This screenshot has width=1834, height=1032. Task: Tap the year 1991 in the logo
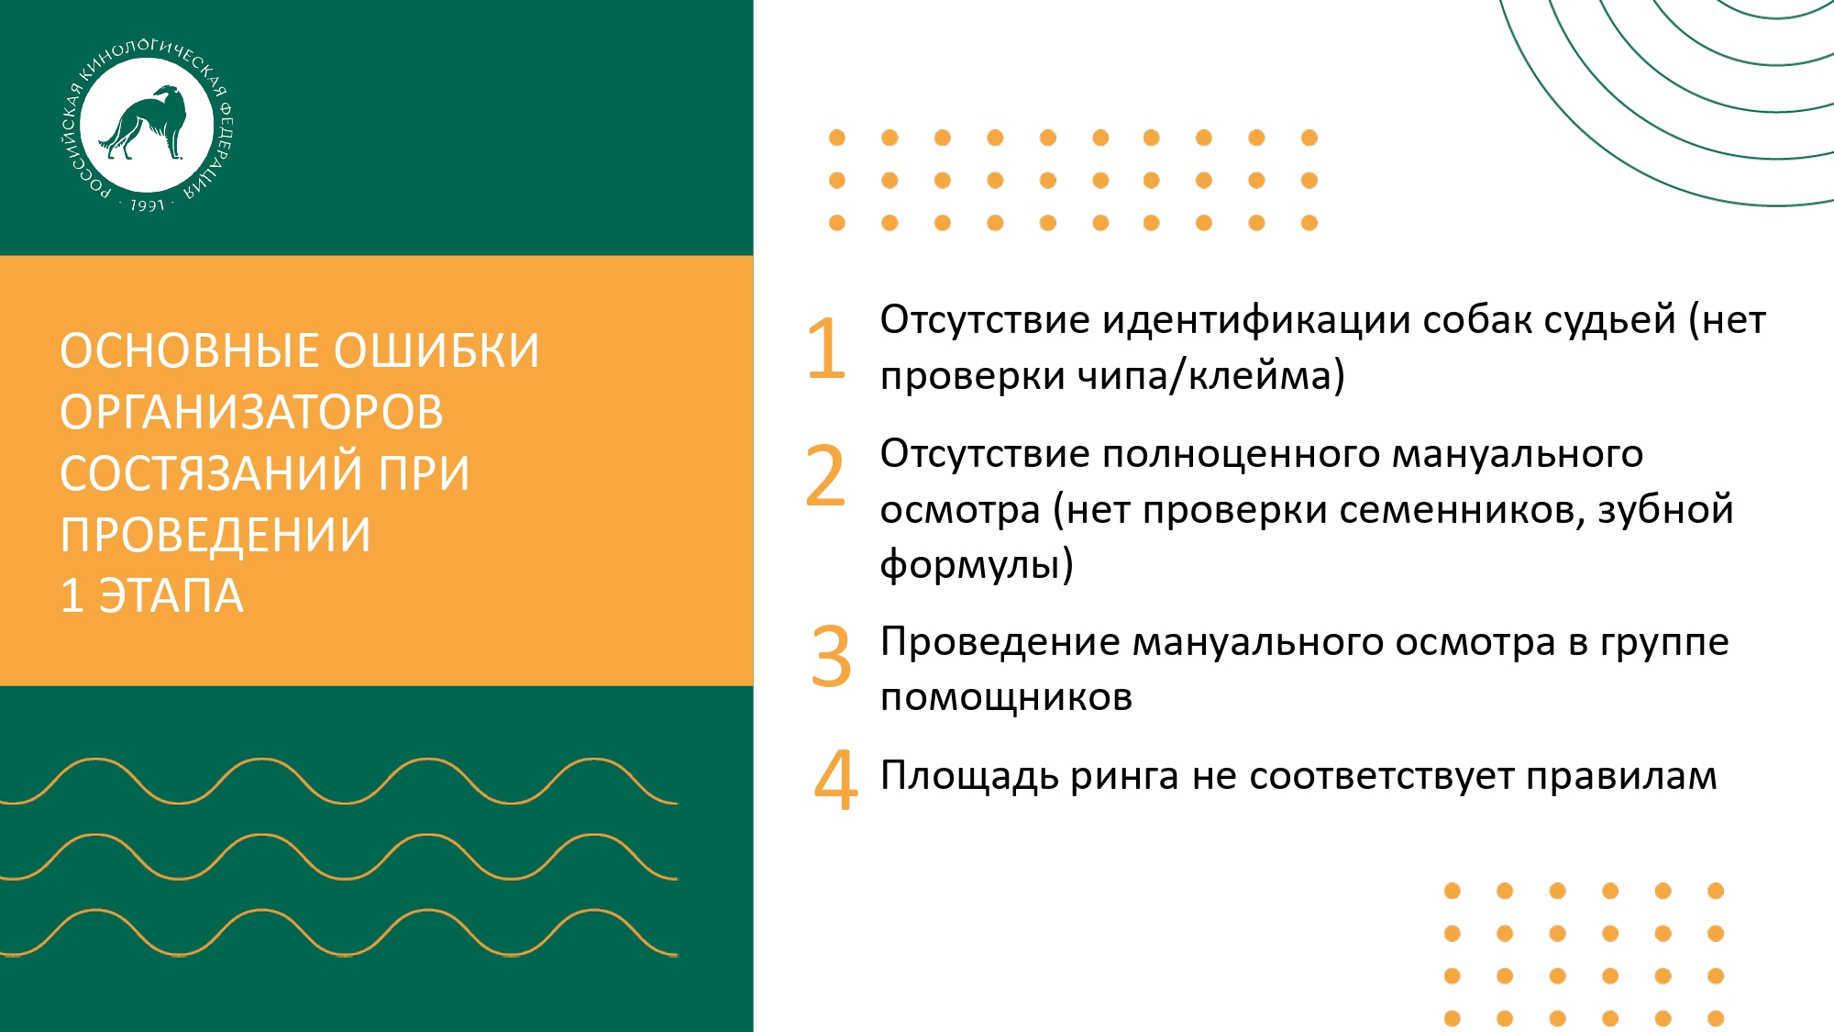147,205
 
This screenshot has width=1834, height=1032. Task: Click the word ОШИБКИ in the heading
436,351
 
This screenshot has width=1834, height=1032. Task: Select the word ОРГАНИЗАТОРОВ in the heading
252,412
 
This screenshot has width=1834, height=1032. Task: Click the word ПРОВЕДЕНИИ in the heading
215,535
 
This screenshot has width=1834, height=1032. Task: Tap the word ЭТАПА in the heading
171,596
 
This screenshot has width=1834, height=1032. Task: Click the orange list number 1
826,348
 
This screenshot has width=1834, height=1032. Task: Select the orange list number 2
825,475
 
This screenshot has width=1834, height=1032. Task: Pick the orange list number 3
831,656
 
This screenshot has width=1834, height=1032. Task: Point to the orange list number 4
835,780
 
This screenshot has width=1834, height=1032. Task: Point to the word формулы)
977,564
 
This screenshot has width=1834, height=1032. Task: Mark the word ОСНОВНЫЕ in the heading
191,351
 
